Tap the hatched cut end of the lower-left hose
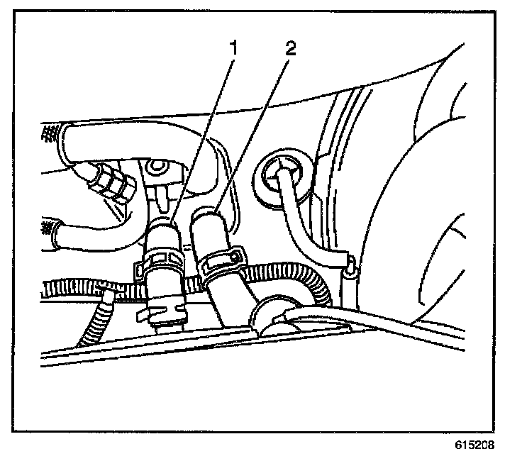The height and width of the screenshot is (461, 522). [48, 229]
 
